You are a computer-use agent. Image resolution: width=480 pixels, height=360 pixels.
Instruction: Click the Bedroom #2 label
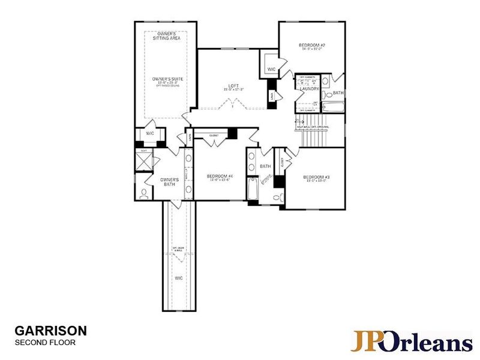pos(311,46)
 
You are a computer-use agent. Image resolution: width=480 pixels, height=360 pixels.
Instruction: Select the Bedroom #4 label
pos(219,176)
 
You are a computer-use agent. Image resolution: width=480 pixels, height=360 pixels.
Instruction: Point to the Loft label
pos(233,86)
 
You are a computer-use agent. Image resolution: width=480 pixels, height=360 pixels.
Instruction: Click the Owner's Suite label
pos(166,79)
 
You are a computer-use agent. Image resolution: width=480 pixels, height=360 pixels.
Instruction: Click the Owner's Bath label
pos(170,181)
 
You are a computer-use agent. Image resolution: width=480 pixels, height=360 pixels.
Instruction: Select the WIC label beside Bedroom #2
pos(271,70)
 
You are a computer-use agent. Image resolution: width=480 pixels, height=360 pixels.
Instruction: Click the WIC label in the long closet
pos(178,278)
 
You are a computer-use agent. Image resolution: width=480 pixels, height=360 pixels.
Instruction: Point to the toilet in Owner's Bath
pos(144,194)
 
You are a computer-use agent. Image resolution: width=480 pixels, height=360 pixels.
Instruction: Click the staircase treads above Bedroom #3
pos(314,139)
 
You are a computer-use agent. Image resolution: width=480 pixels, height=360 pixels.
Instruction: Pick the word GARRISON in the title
pos(50,331)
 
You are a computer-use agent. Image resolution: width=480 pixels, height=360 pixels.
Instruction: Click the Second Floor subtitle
pos(44,343)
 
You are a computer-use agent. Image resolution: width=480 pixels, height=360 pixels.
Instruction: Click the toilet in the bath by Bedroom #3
pos(277,197)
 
